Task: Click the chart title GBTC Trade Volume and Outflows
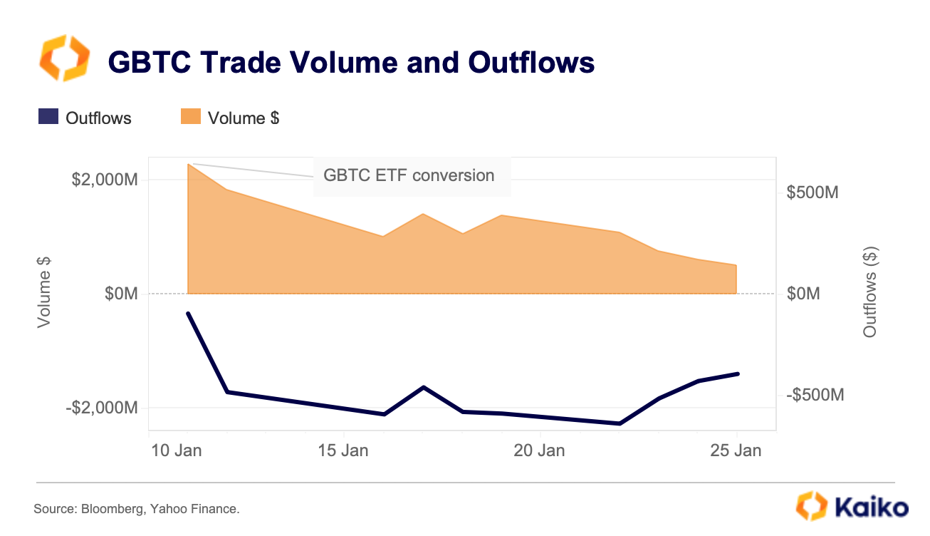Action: tap(350, 63)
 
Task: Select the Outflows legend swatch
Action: tap(48, 117)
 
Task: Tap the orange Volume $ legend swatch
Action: tap(190, 117)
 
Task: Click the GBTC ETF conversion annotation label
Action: tap(409, 175)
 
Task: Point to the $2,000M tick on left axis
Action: tap(104, 180)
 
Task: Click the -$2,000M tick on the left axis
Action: tap(102, 408)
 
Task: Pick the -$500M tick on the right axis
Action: tap(815, 395)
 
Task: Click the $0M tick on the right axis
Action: tap(803, 294)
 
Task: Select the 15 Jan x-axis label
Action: tap(344, 450)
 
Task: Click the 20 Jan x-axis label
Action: tap(540, 450)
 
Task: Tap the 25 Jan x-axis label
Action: tap(736, 450)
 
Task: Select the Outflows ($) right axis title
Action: tap(869, 292)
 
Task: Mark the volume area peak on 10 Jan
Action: tap(188, 165)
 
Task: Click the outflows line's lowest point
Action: tap(620, 423)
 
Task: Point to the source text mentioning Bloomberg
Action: tap(137, 509)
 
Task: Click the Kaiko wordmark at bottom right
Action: tap(870, 507)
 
